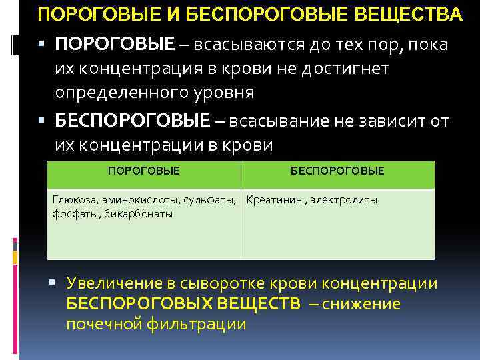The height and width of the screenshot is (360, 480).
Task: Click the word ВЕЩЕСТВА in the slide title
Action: click(411, 14)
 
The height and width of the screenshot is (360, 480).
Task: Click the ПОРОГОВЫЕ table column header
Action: click(143, 171)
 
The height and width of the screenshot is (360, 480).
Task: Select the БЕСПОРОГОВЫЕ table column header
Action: click(337, 171)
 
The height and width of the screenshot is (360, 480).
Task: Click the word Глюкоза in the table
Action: click(74, 200)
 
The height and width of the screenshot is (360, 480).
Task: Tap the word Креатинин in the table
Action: click(274, 200)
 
